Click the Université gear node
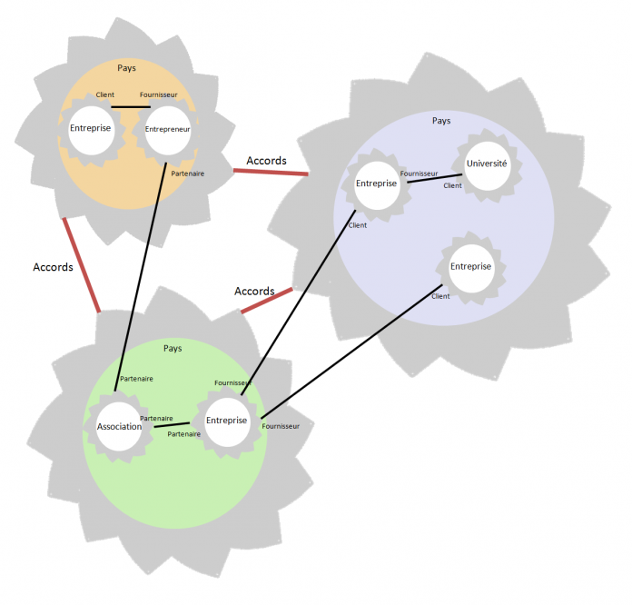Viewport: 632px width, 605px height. [487, 165]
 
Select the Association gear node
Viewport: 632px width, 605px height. [119, 427]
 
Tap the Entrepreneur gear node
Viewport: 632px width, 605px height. [167, 130]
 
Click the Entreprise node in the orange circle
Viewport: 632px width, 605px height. [90, 129]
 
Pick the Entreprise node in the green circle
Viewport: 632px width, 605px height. [226, 421]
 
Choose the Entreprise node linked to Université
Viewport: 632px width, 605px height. [376, 184]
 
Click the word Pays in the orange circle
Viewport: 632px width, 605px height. [127, 68]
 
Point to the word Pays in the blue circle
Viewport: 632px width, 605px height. [441, 121]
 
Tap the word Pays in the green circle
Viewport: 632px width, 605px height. [173, 349]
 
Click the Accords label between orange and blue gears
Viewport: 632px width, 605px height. [266, 161]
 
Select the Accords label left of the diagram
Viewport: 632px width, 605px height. [53, 267]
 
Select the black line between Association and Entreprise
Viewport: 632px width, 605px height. [172, 424]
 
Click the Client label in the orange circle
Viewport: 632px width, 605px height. [105, 94]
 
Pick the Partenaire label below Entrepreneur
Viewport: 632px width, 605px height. [187, 173]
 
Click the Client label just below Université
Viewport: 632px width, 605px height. [452, 186]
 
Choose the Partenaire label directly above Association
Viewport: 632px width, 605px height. [136, 378]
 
